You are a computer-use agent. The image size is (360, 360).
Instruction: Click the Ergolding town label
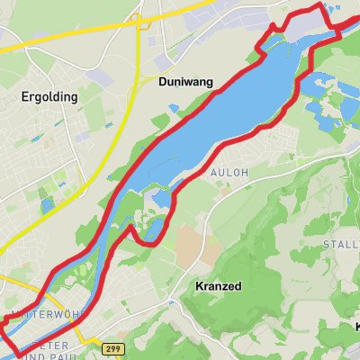pyautogui.click(x=51, y=95)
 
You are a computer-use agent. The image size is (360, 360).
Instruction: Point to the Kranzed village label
pyautogui.click(x=219, y=286)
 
